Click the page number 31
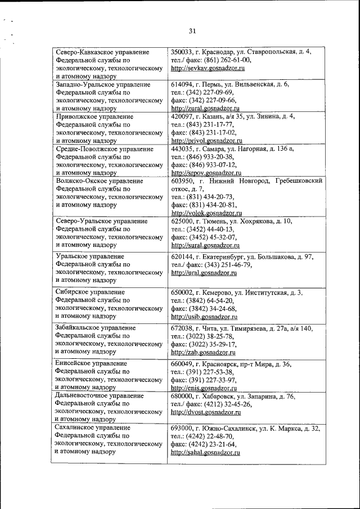click(192, 31)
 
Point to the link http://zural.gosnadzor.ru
click(206, 107)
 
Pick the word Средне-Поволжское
click(85, 149)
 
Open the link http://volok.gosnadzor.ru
click(206, 213)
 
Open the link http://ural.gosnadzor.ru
click(204, 272)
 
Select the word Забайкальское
click(80, 327)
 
